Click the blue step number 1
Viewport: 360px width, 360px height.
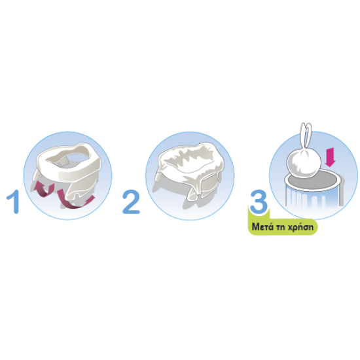click(x=14, y=202)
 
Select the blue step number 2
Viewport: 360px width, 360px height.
click(x=131, y=202)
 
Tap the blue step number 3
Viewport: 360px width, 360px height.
click(x=259, y=202)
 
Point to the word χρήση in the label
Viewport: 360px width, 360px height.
click(x=301, y=227)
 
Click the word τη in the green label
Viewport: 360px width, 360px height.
click(x=281, y=227)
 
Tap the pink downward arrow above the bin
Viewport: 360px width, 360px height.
click(x=330, y=157)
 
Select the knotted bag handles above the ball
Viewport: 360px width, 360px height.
click(x=306, y=135)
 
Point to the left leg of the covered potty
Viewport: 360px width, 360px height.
click(x=159, y=177)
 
